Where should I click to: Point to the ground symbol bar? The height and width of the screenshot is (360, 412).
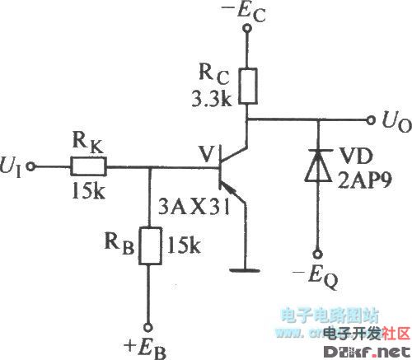coord(246,267)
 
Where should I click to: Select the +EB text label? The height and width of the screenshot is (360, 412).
coord(148,344)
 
